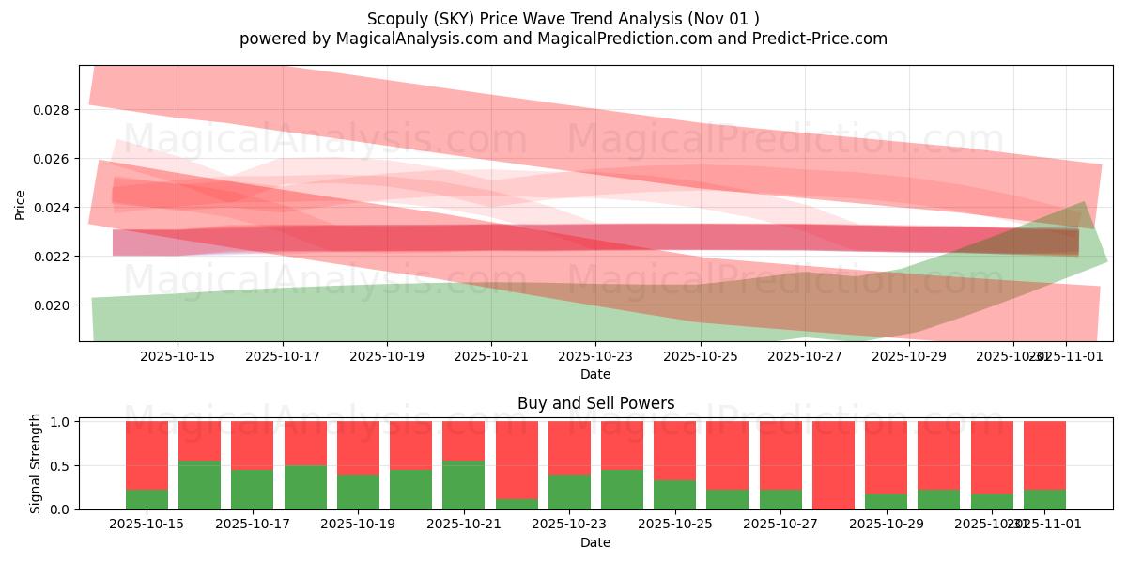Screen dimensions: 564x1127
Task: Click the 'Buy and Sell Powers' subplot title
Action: click(x=595, y=403)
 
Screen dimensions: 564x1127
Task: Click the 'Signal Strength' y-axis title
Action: click(x=37, y=463)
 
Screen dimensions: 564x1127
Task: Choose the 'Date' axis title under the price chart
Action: click(x=595, y=374)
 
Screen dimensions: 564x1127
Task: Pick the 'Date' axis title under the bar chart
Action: click(x=595, y=542)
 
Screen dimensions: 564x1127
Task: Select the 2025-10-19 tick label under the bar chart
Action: click(x=358, y=525)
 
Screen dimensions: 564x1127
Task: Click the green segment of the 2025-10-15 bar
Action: click(x=147, y=499)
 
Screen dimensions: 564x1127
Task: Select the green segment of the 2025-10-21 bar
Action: click(x=463, y=485)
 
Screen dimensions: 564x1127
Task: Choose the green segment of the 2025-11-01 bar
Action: click(x=1044, y=499)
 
